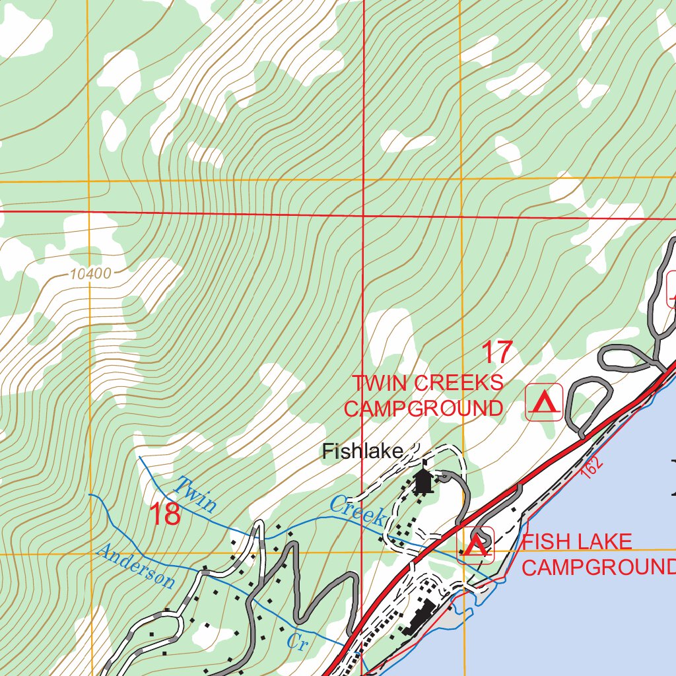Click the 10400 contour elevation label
click(88, 273)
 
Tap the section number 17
click(496, 353)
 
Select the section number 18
click(164, 515)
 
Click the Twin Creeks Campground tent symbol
click(543, 402)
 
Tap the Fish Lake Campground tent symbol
click(475, 546)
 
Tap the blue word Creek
click(357, 511)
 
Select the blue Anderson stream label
click(136, 566)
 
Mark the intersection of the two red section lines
click(364, 215)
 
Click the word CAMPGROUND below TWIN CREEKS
click(423, 409)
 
